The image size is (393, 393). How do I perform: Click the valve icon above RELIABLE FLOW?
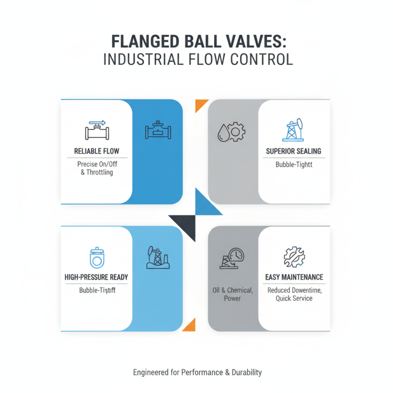pyautogui.click(x=96, y=130)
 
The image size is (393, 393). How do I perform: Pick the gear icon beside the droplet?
pyautogui.click(x=236, y=131)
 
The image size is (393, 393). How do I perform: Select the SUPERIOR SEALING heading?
pyautogui.click(x=293, y=151)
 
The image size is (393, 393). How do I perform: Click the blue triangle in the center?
pyautogui.click(x=206, y=204)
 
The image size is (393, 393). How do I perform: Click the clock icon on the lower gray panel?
pyautogui.click(x=235, y=254)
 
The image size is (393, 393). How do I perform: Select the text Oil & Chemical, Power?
pyautogui.click(x=232, y=294)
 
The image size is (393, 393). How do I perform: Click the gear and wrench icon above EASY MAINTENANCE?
pyautogui.click(x=294, y=256)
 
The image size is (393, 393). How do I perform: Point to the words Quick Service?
pyautogui.click(x=294, y=298)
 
